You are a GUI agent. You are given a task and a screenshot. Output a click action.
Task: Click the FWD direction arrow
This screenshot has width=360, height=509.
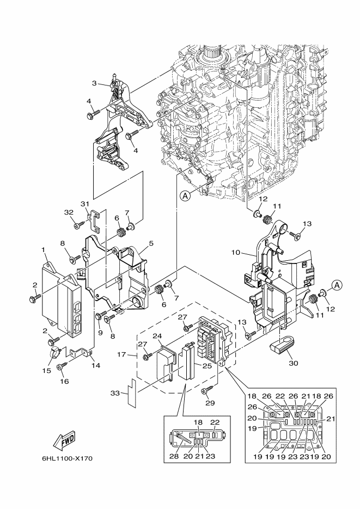(64, 443)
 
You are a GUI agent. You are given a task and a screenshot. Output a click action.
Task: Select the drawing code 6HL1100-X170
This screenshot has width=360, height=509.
(67, 459)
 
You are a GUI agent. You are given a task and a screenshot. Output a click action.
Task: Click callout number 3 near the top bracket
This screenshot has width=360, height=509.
(94, 83)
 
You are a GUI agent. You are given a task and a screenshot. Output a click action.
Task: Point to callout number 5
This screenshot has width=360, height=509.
(151, 243)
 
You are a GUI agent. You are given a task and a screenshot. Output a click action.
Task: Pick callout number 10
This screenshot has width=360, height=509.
(236, 252)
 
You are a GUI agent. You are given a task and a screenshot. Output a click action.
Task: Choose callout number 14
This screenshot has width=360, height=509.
(96, 365)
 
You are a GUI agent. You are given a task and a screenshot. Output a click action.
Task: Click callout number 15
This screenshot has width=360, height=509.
(47, 370)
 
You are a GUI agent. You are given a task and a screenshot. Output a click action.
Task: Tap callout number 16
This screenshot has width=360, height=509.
(65, 382)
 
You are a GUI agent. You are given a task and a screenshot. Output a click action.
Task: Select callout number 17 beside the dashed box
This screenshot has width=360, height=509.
(121, 354)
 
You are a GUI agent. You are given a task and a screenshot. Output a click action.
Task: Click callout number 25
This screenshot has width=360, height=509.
(208, 366)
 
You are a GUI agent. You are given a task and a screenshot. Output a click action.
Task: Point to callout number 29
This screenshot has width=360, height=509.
(210, 403)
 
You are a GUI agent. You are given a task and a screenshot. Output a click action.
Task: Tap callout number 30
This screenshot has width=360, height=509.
(294, 363)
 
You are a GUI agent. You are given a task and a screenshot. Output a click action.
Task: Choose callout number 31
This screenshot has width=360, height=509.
(85, 204)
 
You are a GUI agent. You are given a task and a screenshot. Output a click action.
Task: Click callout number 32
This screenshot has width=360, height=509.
(69, 212)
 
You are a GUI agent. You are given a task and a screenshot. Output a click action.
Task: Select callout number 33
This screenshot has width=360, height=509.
(115, 394)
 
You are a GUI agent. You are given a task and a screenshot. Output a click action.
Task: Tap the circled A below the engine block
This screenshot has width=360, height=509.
(185, 196)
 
